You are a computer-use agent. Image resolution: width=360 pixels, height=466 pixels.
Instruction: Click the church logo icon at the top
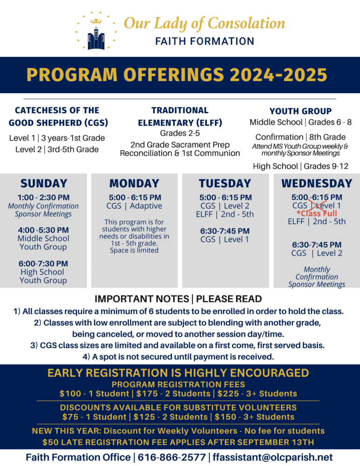(x=96, y=31)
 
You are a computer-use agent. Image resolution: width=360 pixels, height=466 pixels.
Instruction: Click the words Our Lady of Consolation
(x=204, y=23)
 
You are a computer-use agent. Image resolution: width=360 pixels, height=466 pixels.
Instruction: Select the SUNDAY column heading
(x=43, y=183)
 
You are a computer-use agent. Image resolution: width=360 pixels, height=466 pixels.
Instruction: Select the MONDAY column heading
(x=134, y=183)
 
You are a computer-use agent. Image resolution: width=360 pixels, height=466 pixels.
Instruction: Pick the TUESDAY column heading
(x=225, y=183)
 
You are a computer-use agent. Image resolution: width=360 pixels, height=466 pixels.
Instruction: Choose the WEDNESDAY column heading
(x=317, y=183)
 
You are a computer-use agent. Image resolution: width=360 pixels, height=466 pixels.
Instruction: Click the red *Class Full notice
(x=317, y=213)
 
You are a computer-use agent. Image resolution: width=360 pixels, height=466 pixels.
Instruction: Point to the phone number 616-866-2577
(x=171, y=457)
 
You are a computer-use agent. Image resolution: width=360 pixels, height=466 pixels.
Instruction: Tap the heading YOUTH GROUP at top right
(x=300, y=111)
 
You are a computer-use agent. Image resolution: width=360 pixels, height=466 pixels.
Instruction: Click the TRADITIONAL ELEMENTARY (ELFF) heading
(x=180, y=116)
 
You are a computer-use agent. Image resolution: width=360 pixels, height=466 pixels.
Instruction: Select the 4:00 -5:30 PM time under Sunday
(x=43, y=230)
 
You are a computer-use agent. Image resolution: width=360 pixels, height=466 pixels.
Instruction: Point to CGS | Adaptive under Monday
(x=134, y=206)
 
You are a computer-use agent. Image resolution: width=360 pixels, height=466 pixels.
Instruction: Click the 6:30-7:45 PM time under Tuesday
(x=225, y=231)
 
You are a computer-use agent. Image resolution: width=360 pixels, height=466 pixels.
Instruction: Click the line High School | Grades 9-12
(x=300, y=166)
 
